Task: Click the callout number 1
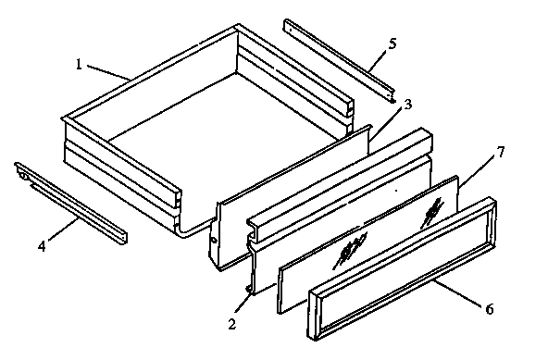pos(81,65)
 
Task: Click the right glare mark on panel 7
pos(431,212)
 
